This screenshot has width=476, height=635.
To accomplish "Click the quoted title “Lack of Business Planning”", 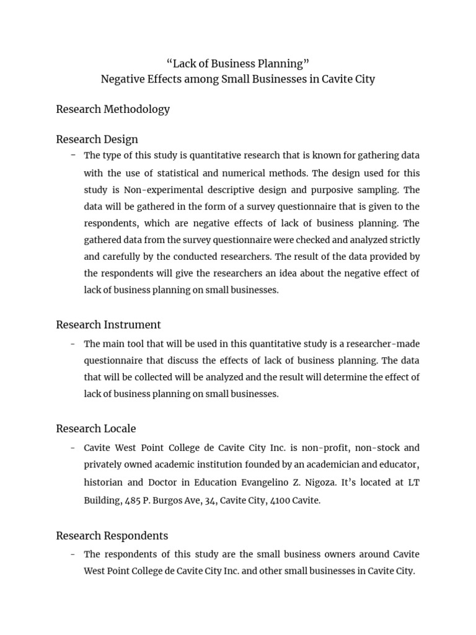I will (238, 63).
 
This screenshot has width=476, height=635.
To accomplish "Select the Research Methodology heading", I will (113, 109).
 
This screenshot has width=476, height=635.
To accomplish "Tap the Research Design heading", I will (97, 139).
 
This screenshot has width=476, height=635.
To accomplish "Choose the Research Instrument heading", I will (108, 324).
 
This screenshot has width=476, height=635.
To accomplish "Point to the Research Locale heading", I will (95, 429).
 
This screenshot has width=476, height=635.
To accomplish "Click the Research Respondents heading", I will (112, 535).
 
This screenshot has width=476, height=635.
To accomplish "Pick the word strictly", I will (405, 239).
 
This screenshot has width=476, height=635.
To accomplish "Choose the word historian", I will (105, 482).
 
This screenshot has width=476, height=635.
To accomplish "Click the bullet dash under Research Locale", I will (74, 448).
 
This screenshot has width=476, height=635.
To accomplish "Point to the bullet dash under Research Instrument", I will (74, 344).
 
